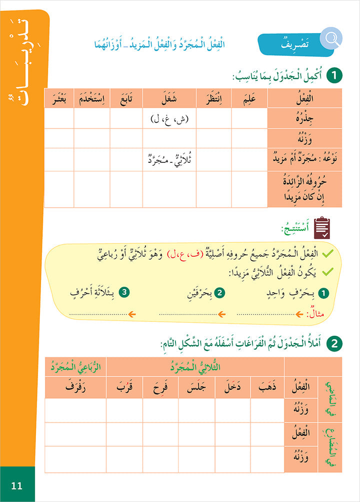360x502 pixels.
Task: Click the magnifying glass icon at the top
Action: [x=330, y=37]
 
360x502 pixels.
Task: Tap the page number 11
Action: [x=17, y=485]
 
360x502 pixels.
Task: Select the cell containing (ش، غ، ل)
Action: [x=169, y=119]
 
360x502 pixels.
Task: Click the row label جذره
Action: [x=304, y=119]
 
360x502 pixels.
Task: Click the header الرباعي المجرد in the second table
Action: [x=75, y=367]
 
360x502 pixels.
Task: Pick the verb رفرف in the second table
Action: [x=75, y=388]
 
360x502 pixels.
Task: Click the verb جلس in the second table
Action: [x=196, y=388]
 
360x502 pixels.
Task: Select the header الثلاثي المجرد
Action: [x=195, y=367]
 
